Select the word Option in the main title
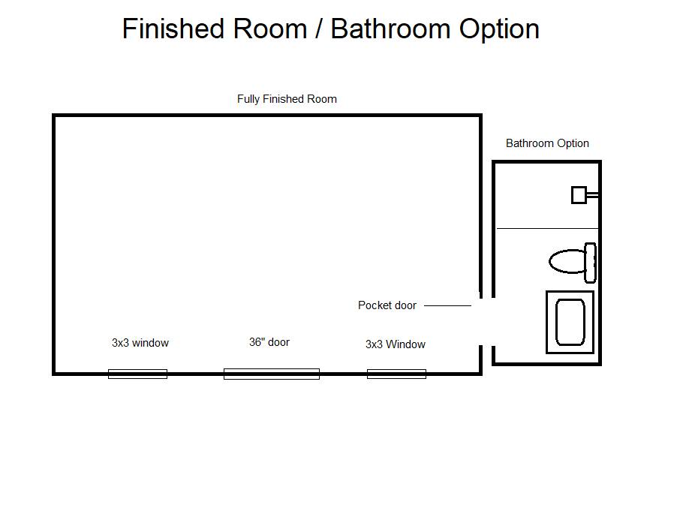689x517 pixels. (499, 29)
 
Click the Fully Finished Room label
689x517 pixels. (287, 99)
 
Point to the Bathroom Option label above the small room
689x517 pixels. (547, 143)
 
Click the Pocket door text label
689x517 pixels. (387, 305)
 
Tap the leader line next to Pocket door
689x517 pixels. (447, 305)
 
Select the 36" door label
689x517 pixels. (269, 342)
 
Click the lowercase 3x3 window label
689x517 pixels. (140, 343)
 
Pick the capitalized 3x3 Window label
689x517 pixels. (396, 344)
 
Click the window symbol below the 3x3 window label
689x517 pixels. (137, 374)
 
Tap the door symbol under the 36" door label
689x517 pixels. (272, 374)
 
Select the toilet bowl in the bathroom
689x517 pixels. (567, 262)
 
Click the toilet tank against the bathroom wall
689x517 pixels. (591, 263)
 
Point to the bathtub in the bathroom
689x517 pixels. (570, 322)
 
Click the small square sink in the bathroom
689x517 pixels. (579, 195)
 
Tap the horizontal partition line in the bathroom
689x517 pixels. (547, 228)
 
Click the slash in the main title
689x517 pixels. (319, 29)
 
